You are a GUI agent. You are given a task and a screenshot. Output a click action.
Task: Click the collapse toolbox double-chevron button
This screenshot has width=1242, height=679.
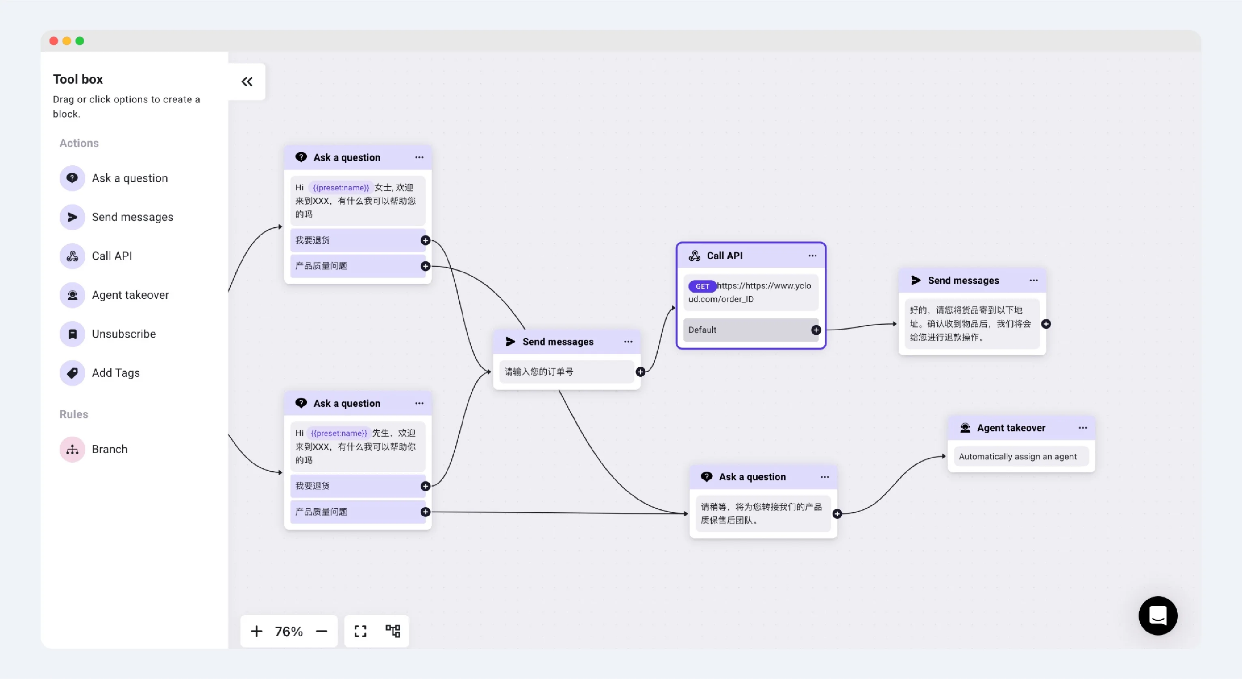tap(247, 82)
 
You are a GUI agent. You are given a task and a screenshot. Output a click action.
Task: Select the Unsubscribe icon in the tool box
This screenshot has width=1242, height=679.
tap(72, 334)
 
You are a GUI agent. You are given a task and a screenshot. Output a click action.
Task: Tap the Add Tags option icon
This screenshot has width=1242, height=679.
tap(72, 373)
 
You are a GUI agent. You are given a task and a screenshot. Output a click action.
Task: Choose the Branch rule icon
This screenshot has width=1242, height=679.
tap(72, 449)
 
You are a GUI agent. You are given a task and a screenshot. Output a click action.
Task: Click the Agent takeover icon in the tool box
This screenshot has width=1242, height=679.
tap(72, 295)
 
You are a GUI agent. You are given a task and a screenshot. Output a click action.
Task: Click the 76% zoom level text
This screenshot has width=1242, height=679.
tap(289, 631)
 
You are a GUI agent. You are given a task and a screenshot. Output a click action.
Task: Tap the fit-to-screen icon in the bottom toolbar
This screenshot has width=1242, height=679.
tap(361, 631)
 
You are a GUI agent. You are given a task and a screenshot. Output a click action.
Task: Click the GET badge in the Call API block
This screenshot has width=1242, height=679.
tap(702, 287)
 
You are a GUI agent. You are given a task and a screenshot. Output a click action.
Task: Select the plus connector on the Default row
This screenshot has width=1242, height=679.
tap(816, 330)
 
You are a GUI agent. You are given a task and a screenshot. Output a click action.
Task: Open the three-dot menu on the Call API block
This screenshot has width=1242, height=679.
tap(812, 256)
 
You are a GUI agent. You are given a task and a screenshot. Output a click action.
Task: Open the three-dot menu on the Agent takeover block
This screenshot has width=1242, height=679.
tap(1083, 428)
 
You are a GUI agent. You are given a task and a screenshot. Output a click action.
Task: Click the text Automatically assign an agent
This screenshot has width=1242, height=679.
tap(1017, 457)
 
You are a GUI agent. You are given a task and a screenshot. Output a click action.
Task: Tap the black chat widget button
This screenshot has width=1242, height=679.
tap(1158, 615)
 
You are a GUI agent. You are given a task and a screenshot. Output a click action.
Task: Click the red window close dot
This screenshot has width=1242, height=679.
tap(54, 41)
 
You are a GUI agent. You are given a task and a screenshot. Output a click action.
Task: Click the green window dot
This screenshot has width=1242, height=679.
tap(80, 41)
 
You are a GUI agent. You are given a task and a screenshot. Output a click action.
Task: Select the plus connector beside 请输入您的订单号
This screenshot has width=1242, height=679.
tap(640, 372)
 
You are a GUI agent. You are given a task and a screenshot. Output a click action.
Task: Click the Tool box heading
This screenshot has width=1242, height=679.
tap(77, 79)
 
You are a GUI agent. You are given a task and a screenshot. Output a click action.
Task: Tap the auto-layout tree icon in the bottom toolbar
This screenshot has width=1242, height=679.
tap(393, 631)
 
